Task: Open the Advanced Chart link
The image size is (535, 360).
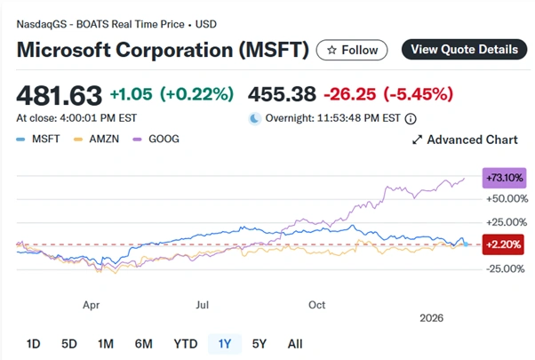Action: [466, 140]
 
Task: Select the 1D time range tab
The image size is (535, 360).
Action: [33, 344]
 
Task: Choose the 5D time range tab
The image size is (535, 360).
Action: [68, 344]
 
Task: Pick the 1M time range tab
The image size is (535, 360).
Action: [105, 344]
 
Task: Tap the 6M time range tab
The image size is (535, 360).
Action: [143, 344]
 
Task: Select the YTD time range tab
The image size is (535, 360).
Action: [185, 344]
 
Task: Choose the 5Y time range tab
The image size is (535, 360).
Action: [260, 344]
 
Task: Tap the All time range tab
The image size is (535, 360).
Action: [295, 344]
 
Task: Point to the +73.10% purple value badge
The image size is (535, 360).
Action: [502, 178]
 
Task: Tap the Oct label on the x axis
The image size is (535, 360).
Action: [316, 304]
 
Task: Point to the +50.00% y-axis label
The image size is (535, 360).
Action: [503, 197]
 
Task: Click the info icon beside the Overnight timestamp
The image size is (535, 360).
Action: [411, 117]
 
